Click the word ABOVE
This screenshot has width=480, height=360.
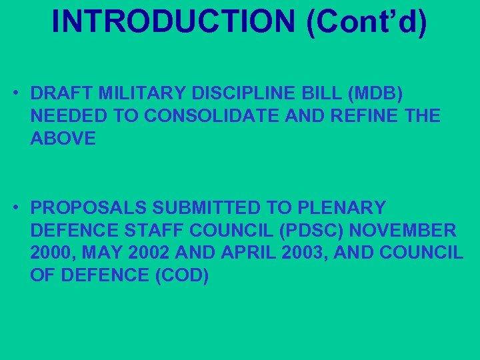(63, 138)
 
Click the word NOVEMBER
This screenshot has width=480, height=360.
(403, 231)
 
